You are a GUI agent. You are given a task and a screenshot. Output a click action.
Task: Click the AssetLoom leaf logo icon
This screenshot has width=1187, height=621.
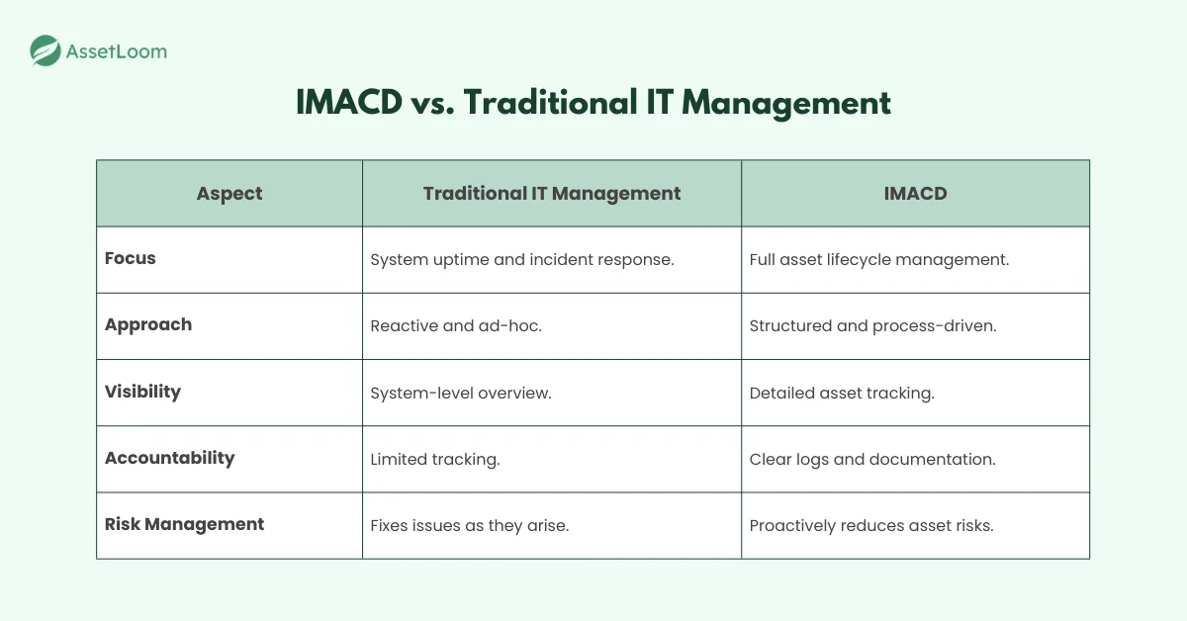point(46,50)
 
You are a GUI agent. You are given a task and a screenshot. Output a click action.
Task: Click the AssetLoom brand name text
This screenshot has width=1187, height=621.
point(116,51)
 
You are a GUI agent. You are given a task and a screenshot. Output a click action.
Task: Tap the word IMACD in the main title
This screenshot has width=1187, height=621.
point(348,103)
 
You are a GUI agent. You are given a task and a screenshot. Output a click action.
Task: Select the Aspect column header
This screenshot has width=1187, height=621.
point(229,194)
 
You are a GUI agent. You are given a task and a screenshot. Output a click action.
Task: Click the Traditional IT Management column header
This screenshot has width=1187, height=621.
point(551,194)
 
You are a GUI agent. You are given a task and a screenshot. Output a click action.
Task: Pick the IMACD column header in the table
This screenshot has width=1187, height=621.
point(915,194)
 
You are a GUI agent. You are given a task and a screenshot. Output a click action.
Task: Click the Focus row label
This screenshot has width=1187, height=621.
point(131,259)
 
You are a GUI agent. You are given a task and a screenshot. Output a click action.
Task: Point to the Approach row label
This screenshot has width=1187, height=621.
point(148,325)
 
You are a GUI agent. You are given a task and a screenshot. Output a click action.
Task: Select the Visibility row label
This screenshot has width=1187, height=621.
point(143,392)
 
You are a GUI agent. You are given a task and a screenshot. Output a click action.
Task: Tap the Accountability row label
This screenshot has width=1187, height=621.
point(170,458)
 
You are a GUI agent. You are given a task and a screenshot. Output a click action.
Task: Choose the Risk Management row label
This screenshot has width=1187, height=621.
point(184,524)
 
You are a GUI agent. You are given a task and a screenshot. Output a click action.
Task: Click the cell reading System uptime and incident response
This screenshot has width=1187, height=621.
point(521,260)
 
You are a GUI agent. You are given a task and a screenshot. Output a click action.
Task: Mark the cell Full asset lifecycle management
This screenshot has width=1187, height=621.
point(878,260)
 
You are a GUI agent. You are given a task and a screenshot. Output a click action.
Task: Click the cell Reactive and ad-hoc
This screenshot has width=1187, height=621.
point(455,326)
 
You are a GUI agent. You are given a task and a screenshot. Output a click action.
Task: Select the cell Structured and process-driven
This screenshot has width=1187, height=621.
point(872,326)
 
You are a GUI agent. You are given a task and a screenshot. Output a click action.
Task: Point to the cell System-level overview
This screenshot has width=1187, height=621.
point(460,393)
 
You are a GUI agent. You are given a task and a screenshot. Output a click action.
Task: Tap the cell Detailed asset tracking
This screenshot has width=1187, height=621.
point(841,393)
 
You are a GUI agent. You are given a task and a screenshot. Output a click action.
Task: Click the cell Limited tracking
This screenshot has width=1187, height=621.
point(434,459)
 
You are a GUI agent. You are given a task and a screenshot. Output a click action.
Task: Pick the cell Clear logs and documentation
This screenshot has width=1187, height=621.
point(871,459)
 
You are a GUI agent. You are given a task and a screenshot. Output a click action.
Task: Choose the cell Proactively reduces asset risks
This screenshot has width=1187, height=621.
point(870,525)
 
